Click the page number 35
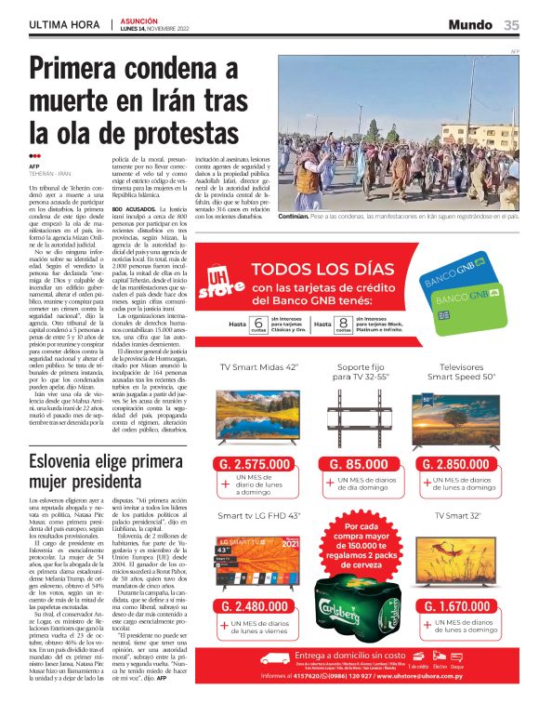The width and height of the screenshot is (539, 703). click(x=512, y=25)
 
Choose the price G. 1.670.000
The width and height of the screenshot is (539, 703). click(x=467, y=606)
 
